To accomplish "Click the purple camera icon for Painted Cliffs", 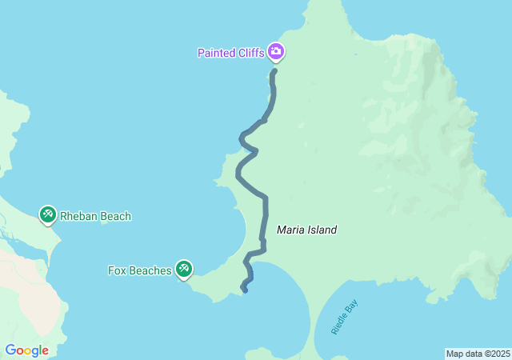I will [276, 53].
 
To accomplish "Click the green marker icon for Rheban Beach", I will [48, 214].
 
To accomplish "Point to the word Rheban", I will [80, 216].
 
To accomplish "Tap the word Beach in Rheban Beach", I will [116, 216].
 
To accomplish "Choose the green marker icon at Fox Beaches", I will [184, 269].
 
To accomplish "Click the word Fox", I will [117, 270].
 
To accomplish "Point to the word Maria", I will [290, 230].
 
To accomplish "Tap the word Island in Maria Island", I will [322, 230].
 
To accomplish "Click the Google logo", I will [26, 350].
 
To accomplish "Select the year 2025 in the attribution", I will [501, 354].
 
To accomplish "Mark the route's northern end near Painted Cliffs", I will [274, 71].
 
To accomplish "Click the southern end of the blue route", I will [244, 290].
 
